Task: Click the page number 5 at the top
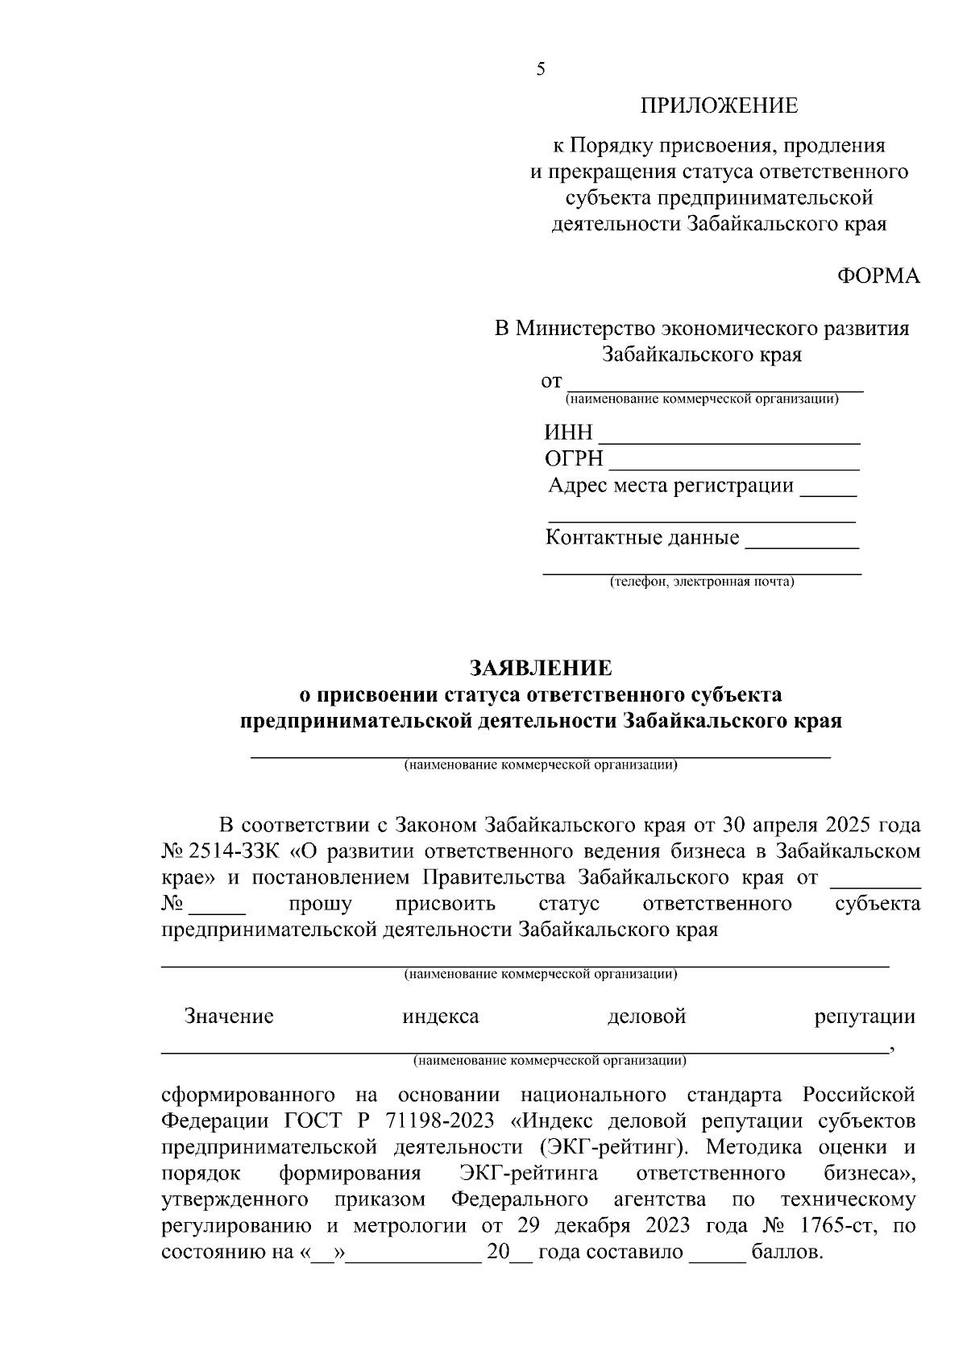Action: [541, 70]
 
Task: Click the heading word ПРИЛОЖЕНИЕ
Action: [719, 106]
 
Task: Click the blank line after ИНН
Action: [730, 440]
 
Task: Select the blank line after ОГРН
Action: [734, 466]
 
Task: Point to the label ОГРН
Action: [574, 459]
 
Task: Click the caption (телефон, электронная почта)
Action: [701, 582]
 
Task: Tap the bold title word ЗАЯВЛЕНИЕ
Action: [541, 668]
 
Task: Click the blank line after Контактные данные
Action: [802, 545]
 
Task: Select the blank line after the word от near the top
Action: [715, 387]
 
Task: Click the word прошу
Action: [320, 904]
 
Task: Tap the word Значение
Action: [229, 1017]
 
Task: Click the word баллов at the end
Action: [786, 1253]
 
